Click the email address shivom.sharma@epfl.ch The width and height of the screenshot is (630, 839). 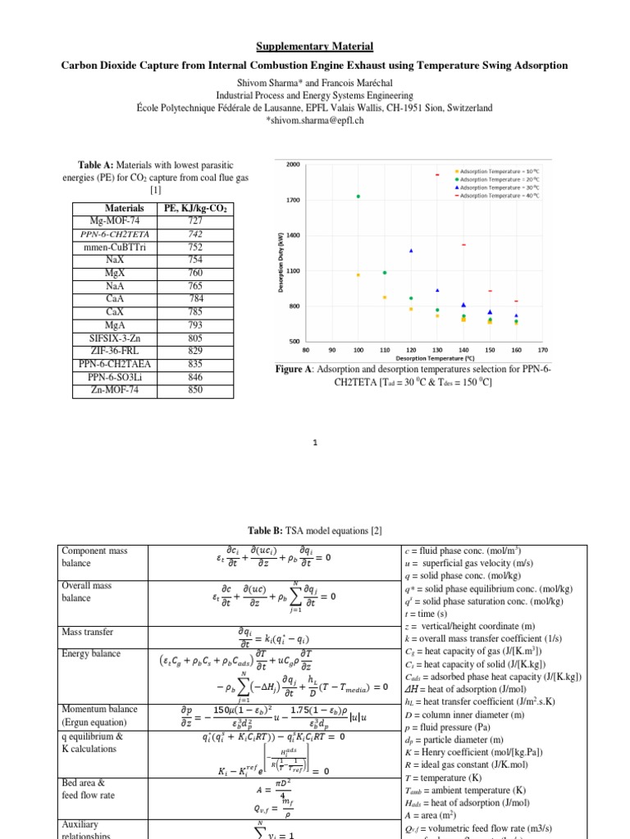pyautogui.click(x=314, y=120)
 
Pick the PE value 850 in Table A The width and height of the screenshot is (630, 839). pyautogui.click(x=195, y=391)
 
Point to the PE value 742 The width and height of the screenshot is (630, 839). pyautogui.click(x=195, y=234)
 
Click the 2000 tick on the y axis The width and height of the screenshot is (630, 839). pyautogui.click(x=293, y=165)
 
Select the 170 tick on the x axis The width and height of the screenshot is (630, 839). pyautogui.click(x=542, y=349)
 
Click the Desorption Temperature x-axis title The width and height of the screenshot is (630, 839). pyautogui.click(x=424, y=358)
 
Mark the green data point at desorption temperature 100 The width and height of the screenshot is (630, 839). pyautogui.click(x=358, y=197)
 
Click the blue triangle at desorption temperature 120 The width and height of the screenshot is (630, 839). pyautogui.click(x=411, y=251)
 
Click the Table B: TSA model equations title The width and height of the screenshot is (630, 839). pyautogui.click(x=314, y=530)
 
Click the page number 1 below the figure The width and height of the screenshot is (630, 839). pyautogui.click(x=315, y=443)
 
